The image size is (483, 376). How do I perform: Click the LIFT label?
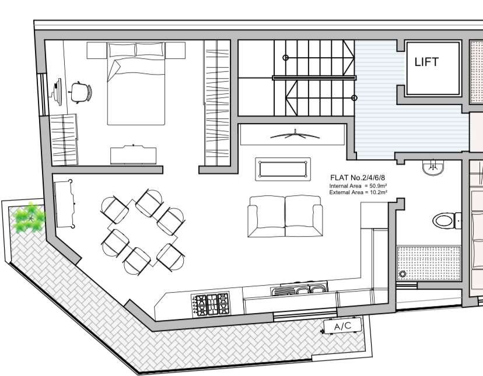tap(426, 62)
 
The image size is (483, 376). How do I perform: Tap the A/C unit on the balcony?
tap(342, 326)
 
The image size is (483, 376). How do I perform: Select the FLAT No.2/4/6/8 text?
tap(358, 178)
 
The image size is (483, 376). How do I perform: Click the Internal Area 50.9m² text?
tap(358, 186)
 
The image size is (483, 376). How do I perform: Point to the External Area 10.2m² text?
tap(358, 192)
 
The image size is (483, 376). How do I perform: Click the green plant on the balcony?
tap(30, 217)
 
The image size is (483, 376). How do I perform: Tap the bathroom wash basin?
tap(433, 168)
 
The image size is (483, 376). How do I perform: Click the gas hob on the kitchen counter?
tap(211, 304)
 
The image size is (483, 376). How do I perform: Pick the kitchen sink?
tap(299, 290)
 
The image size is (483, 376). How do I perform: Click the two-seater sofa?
tap(285, 216)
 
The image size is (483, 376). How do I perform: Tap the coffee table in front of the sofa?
tap(283, 169)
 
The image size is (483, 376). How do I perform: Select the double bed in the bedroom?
tap(136, 84)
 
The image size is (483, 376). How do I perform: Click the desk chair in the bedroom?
tap(81, 92)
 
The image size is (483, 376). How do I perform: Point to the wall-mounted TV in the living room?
tap(295, 135)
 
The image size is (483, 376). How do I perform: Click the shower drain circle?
tap(402, 274)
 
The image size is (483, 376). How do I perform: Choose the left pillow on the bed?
tap(122, 50)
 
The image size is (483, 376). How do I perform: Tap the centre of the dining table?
tap(142, 233)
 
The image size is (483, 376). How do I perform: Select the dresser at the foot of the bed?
tap(133, 155)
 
